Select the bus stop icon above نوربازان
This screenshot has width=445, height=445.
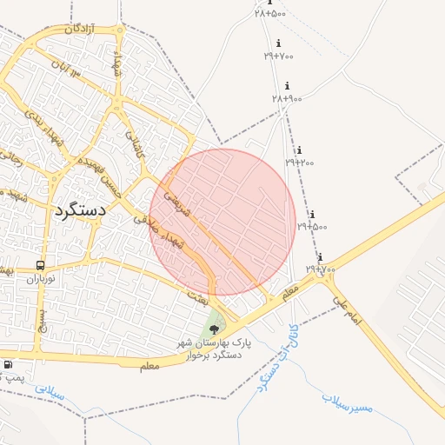(x=40, y=265)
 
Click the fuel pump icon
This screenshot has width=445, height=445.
(x=7, y=365)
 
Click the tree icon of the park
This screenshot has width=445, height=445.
(x=215, y=329)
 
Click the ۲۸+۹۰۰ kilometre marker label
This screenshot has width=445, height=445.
(x=287, y=98)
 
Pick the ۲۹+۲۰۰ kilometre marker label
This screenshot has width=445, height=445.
(x=301, y=162)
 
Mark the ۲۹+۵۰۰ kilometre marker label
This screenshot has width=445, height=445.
(x=313, y=226)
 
